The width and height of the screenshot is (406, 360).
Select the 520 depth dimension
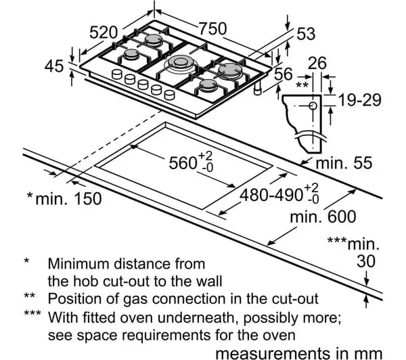click(104, 32)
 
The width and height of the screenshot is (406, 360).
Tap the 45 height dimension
click(55, 66)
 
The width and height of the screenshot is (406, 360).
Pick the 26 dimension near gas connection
click(317, 64)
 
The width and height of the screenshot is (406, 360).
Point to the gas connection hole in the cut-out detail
click(313, 106)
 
